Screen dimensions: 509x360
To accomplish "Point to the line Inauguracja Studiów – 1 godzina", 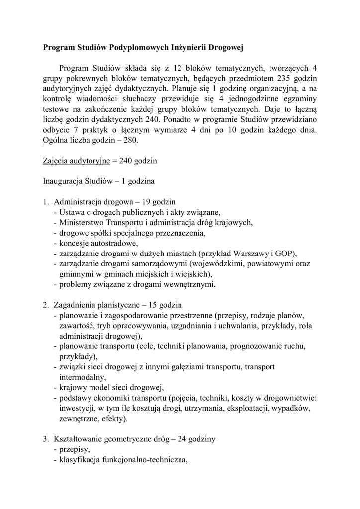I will pos(98,181).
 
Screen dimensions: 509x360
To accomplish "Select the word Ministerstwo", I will pos(84,222).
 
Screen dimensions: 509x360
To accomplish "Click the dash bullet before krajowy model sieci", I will pos(54,387).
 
